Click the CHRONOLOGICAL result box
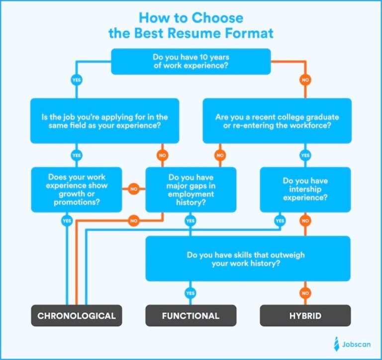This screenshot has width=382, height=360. [77, 316]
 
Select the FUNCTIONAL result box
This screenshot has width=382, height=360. [191, 316]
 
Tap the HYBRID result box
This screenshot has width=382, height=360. [305, 316]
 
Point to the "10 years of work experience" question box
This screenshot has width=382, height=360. [191, 61]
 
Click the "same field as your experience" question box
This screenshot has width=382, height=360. [105, 121]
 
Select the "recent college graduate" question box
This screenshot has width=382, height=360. [277, 121]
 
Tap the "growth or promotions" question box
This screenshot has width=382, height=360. [77, 189]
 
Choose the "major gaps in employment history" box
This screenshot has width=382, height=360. [191, 189]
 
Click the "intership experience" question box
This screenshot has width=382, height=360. [305, 189]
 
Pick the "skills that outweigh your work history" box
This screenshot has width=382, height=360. [248, 259]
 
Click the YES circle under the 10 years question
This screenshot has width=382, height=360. [77, 80]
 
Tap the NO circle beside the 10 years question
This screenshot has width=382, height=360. [305, 80]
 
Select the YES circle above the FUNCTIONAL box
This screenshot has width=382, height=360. [191, 293]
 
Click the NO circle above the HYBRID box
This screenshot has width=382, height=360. [305, 293]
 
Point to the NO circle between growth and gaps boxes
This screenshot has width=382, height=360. [133, 189]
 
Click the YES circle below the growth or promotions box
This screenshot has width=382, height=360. [66, 221]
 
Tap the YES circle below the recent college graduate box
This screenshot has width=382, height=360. [305, 155]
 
